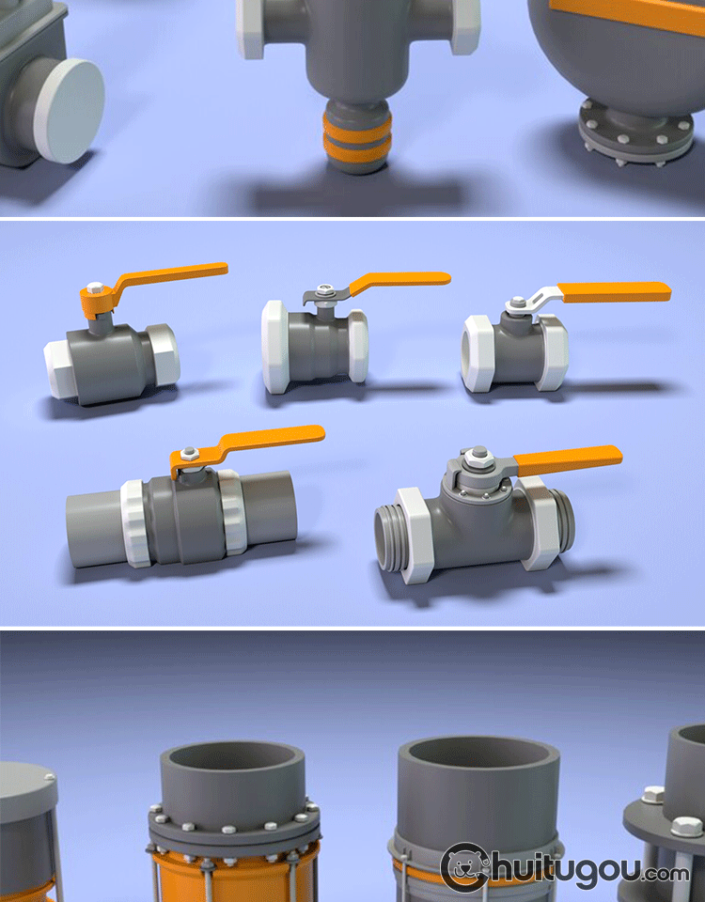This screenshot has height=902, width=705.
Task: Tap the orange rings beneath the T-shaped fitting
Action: click(357, 138)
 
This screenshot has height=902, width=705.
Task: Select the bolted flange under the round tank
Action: click(635, 133)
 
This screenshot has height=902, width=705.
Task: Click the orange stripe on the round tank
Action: click(627, 14)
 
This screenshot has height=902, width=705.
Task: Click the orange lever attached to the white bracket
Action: click(614, 291)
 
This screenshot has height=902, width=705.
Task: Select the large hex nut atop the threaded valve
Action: click(478, 458)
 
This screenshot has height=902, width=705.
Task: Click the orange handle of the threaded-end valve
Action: click(567, 460)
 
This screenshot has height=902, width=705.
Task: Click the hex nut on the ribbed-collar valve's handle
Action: click(189, 453)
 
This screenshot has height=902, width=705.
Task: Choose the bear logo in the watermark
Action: click(465, 867)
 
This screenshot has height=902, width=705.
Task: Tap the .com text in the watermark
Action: click(666, 874)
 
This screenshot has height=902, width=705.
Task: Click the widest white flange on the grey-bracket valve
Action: click(275, 348)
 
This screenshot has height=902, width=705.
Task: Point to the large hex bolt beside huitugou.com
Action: click(686, 827)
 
